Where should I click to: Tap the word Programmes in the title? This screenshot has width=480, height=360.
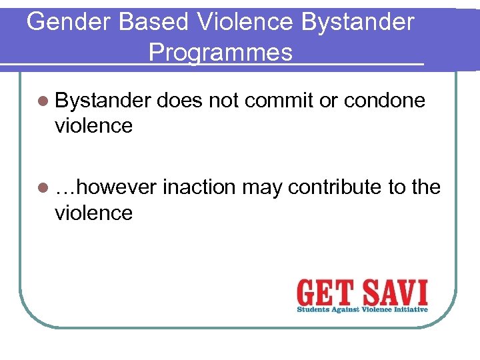(221, 52)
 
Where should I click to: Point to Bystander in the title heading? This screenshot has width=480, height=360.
(357, 22)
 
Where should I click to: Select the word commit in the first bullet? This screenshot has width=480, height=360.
(275, 100)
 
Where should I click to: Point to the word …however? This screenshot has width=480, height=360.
(105, 188)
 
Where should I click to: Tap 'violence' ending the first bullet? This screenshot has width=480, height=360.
(93, 125)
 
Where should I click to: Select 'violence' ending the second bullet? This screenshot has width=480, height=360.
(93, 213)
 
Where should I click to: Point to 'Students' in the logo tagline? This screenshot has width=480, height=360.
(313, 309)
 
